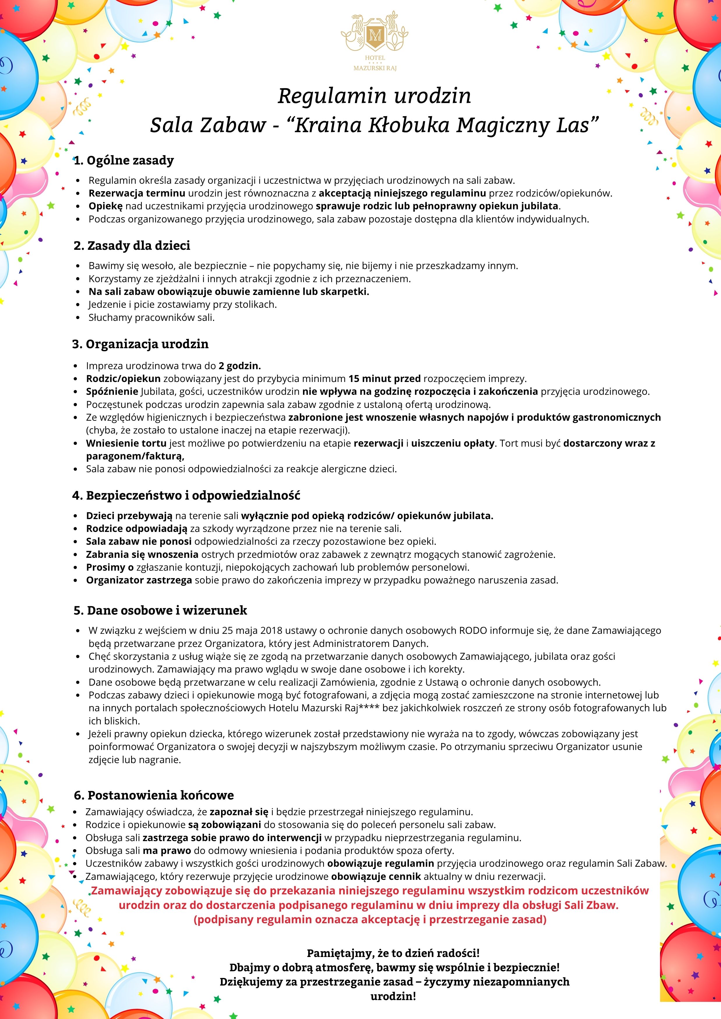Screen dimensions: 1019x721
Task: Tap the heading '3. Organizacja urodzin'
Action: tap(140, 344)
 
